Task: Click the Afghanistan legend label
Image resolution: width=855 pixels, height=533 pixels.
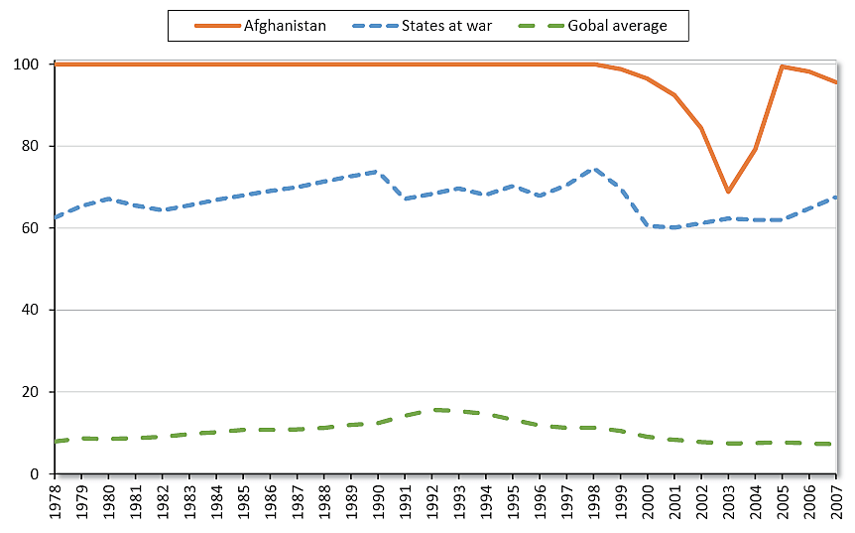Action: (285, 26)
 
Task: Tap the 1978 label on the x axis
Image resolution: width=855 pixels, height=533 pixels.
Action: (55, 501)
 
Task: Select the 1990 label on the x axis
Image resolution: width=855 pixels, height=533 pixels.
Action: (378, 501)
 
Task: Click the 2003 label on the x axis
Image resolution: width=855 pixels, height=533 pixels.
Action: (729, 501)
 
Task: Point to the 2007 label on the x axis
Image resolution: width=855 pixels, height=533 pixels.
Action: (837, 501)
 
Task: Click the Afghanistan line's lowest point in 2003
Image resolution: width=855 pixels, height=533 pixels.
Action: (729, 192)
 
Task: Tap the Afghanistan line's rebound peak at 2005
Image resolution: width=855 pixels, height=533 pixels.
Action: (783, 67)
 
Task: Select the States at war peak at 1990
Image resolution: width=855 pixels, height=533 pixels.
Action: (378, 172)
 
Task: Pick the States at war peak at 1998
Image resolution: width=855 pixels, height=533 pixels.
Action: (594, 169)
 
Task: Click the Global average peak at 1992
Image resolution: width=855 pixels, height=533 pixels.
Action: (432, 410)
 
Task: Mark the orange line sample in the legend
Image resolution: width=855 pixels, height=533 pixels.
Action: (207, 26)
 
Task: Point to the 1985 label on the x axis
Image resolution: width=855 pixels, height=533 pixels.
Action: (243, 501)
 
